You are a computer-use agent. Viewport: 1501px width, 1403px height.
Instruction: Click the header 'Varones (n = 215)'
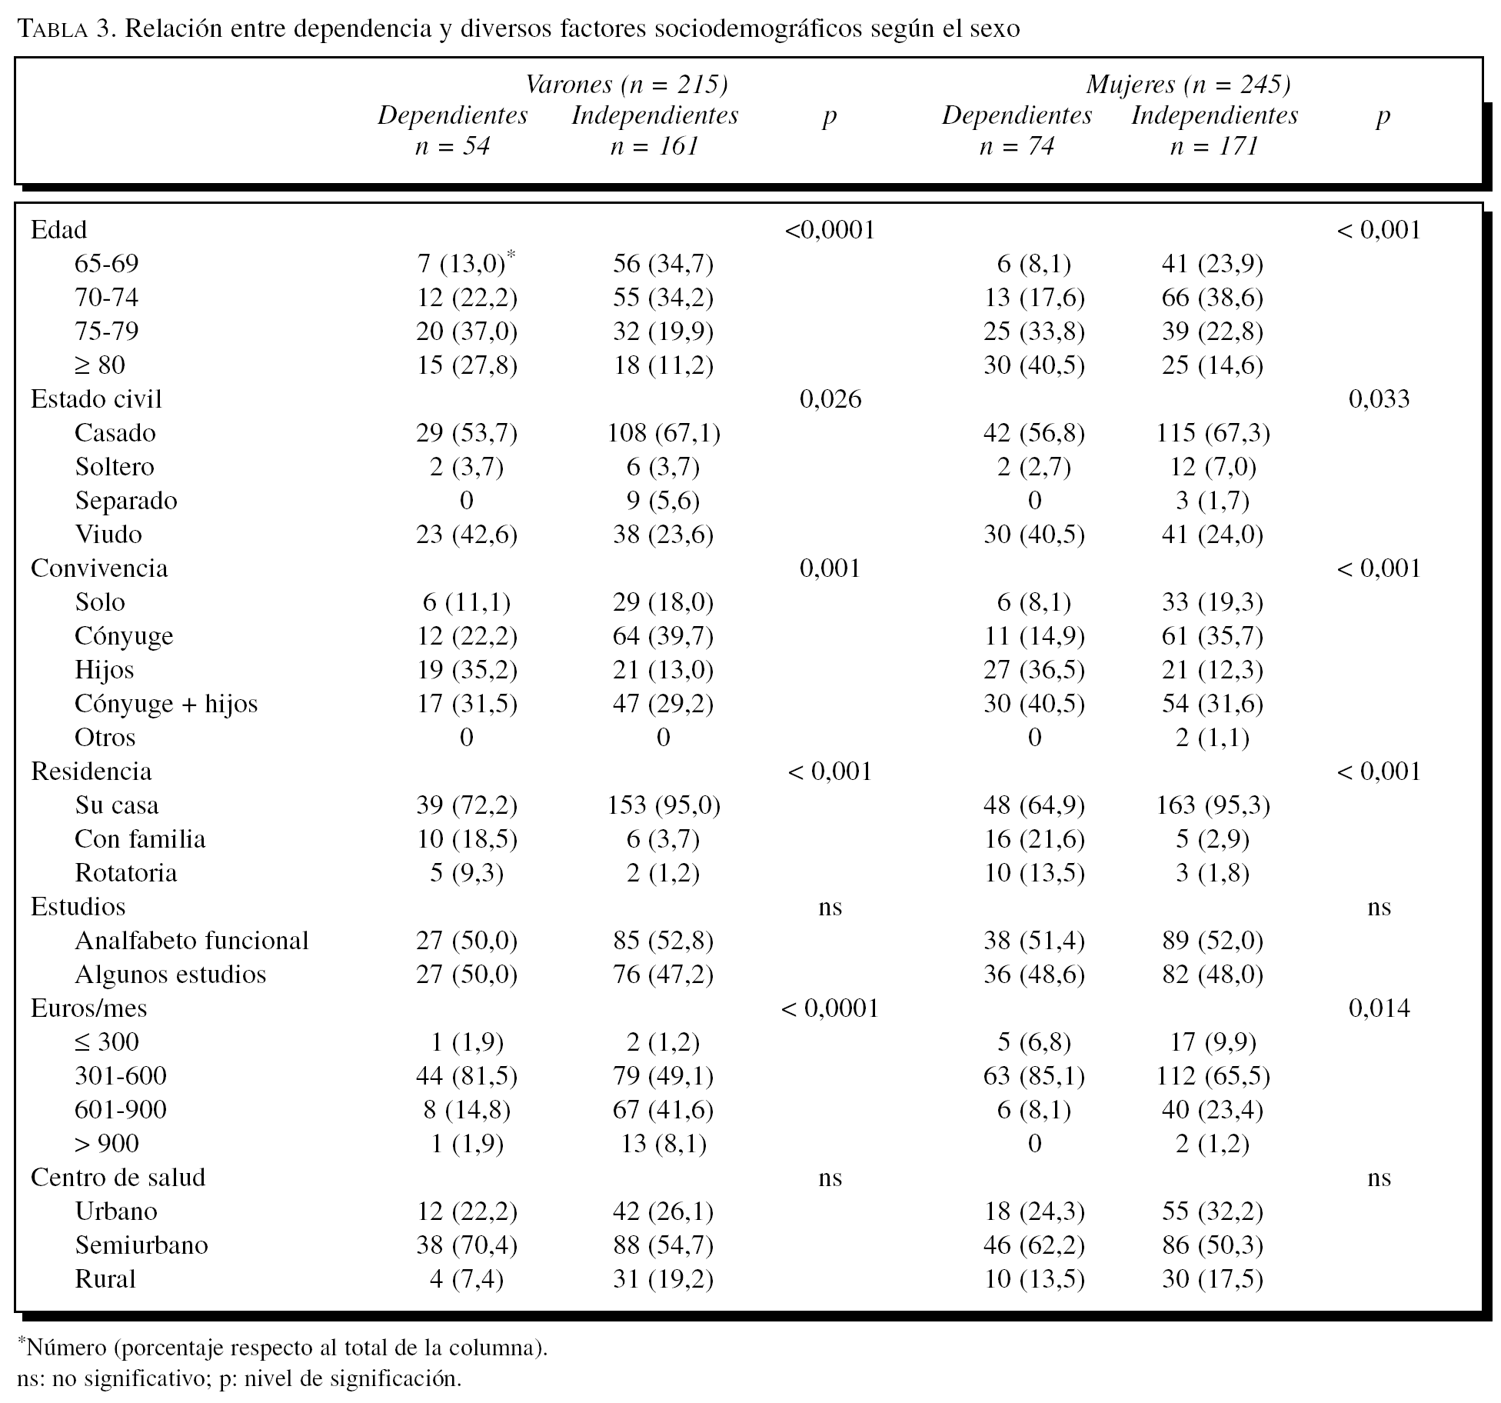tap(626, 84)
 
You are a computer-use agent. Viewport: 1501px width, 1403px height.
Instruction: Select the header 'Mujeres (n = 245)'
tap(1188, 84)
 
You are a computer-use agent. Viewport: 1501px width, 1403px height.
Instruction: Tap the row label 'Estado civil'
tap(96, 399)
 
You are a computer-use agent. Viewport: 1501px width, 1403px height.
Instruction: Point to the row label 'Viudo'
tap(108, 535)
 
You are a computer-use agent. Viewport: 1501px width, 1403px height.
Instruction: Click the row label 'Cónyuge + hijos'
tap(166, 704)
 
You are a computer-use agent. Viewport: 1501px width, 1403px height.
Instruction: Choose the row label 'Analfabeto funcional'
tap(191, 941)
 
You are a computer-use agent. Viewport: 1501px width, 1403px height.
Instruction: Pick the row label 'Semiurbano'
tap(141, 1245)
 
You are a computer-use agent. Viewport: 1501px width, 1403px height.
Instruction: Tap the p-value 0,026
tap(830, 399)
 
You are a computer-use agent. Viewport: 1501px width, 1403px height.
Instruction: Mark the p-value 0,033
tap(1380, 399)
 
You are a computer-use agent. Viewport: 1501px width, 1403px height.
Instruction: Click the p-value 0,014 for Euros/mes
tap(1380, 1008)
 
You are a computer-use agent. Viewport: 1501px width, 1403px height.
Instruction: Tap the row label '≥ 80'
tap(100, 365)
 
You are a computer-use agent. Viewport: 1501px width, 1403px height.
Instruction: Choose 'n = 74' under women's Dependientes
tap(1017, 146)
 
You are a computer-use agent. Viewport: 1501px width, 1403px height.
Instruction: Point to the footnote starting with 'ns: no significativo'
tap(239, 1378)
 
